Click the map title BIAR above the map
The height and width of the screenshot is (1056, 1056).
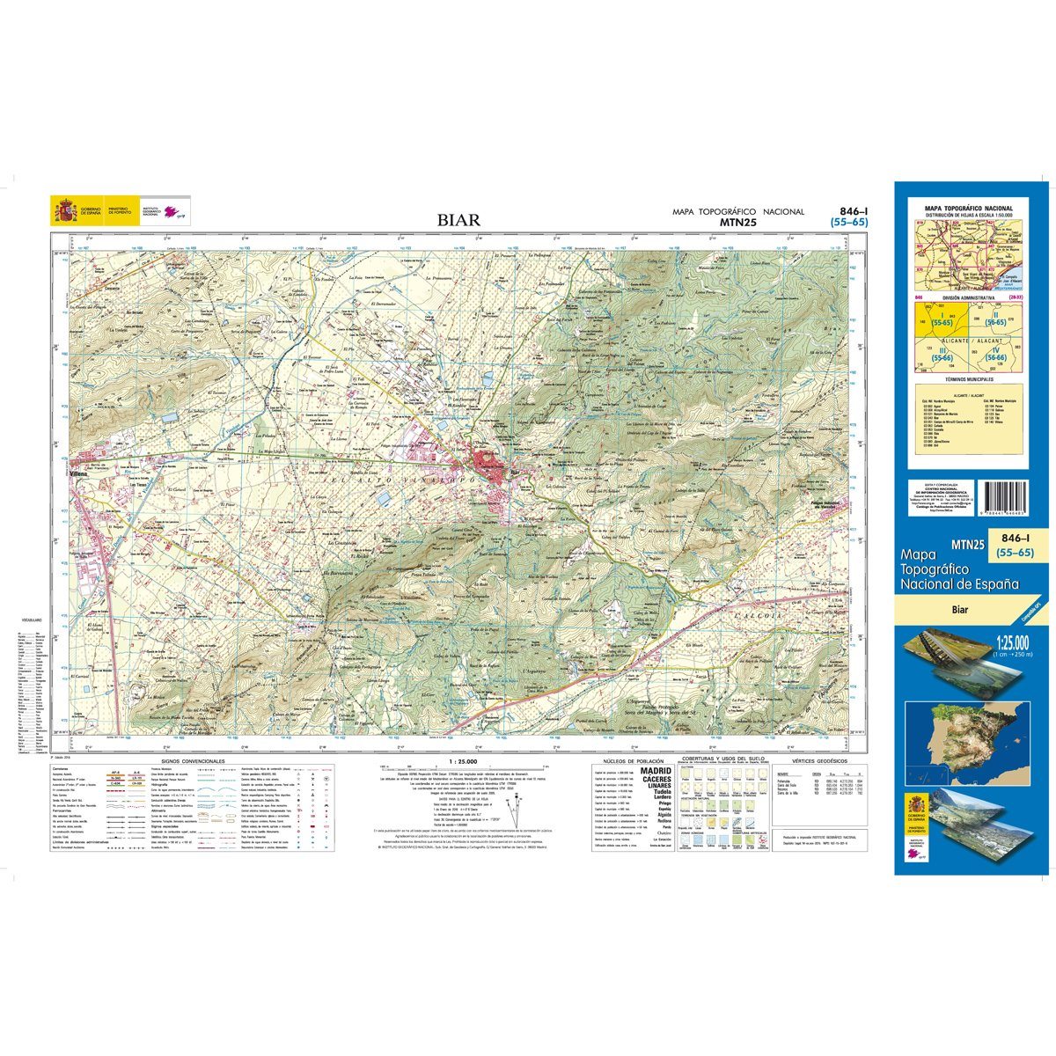click(x=459, y=220)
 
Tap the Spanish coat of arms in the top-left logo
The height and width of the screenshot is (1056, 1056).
click(x=64, y=210)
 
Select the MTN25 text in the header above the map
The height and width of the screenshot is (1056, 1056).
click(x=738, y=223)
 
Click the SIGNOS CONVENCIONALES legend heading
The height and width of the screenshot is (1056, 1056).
click(x=193, y=760)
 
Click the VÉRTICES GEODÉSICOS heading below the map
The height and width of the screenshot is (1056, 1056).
click(x=818, y=760)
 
